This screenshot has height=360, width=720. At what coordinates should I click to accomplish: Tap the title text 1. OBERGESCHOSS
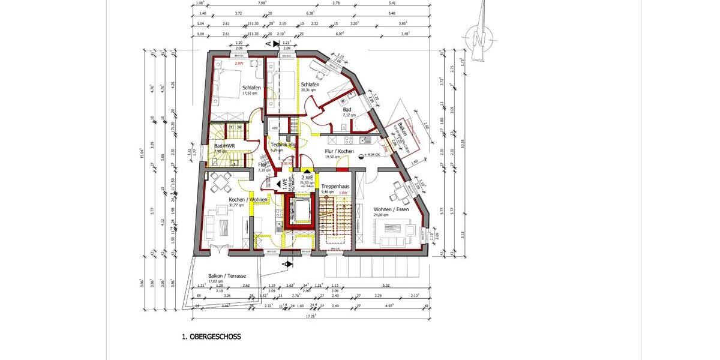pos(211,337)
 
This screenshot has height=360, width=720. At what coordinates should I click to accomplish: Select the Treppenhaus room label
pos(335,187)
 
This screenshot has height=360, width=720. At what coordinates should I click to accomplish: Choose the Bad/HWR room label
pos(225,146)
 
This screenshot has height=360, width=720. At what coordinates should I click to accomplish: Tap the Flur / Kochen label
pos(339,152)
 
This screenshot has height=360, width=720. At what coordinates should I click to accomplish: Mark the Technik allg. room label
pos(283,146)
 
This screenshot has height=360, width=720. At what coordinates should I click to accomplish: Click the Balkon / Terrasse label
pos(227,276)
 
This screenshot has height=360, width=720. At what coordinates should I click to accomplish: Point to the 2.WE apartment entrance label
pos(307,178)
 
